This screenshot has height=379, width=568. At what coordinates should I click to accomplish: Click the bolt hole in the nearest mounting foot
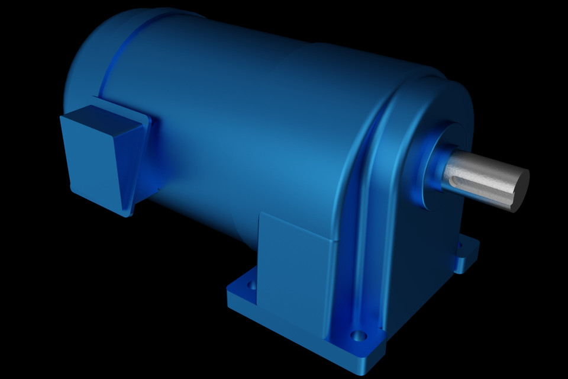click(359, 336)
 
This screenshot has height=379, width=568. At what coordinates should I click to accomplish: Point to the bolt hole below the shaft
click(459, 245)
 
